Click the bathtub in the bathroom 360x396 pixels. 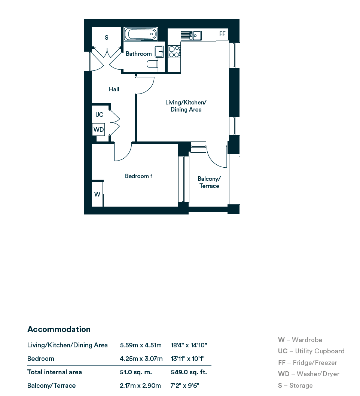click(x=141, y=34)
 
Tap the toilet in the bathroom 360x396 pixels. click(x=152, y=64)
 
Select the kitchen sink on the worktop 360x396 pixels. click(x=191, y=36)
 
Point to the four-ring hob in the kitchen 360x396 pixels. click(x=174, y=52)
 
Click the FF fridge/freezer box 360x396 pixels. click(x=222, y=34)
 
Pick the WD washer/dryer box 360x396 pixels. click(x=98, y=130)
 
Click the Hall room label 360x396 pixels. click(x=114, y=89)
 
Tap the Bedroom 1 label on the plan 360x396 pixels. click(x=139, y=176)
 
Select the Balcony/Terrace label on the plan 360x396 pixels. click(x=209, y=182)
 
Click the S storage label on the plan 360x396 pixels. click(x=107, y=38)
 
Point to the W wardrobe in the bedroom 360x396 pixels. click(x=97, y=194)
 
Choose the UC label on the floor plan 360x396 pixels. click(x=100, y=115)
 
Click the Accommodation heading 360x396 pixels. click(x=59, y=329)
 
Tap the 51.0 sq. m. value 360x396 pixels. click(x=136, y=372)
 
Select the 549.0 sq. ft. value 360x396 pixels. click(x=189, y=372)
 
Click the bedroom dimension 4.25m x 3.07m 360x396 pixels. click(x=141, y=359)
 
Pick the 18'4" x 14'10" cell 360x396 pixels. click(x=189, y=345)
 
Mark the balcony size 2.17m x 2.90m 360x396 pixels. click(x=140, y=386)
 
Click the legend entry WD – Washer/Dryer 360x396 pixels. click(x=309, y=374)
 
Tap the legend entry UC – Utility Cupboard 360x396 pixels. click(x=311, y=351)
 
